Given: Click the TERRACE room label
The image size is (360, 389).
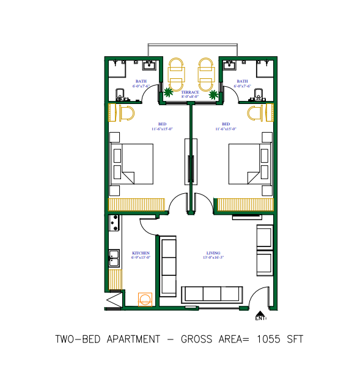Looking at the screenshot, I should [x=194, y=92].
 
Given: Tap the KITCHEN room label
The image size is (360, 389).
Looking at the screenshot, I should [x=141, y=253].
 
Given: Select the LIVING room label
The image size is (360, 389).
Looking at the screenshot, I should [x=214, y=253].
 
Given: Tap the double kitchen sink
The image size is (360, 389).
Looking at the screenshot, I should [x=114, y=259].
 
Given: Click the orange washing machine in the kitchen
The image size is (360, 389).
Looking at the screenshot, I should [x=145, y=298].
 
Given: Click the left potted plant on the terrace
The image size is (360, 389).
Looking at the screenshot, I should [x=167, y=93].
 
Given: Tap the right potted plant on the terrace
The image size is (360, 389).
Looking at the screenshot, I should [x=213, y=95].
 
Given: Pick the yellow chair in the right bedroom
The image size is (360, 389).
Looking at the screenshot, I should [x=255, y=113].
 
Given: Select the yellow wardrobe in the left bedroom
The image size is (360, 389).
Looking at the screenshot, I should [x=137, y=205].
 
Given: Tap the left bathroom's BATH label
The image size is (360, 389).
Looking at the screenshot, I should [x=141, y=81].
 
